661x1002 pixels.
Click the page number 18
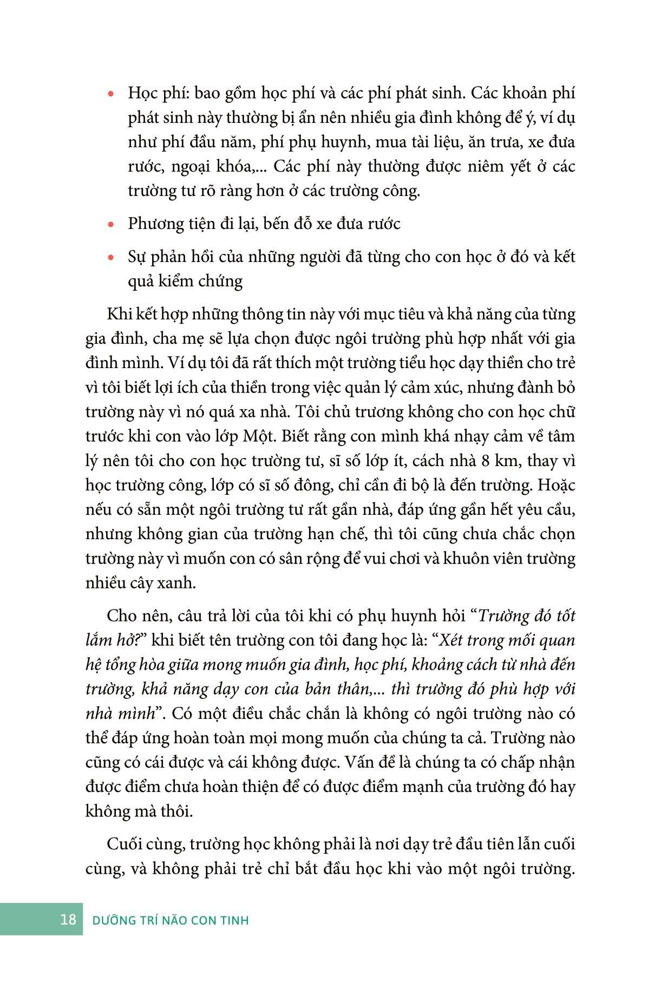pyautogui.click(x=68, y=919)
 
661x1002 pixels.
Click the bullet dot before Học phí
pyautogui.click(x=111, y=94)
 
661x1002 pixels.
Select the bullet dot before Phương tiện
pyautogui.click(x=111, y=225)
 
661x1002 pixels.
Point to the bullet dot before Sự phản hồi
pyautogui.click(x=111, y=258)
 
